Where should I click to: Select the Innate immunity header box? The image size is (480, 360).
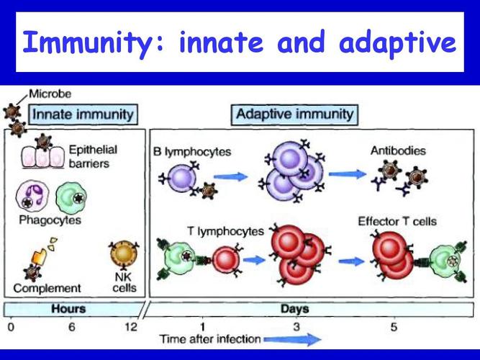[83, 113]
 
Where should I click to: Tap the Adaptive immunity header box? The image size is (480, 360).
[294, 113]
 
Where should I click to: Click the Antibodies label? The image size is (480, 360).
[397, 151]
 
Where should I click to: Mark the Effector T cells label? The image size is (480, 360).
[397, 221]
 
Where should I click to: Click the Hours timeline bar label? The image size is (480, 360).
[69, 309]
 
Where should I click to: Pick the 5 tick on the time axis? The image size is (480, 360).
[393, 328]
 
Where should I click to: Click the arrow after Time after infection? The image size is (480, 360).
[292, 339]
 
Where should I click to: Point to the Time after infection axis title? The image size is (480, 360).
[209, 339]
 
